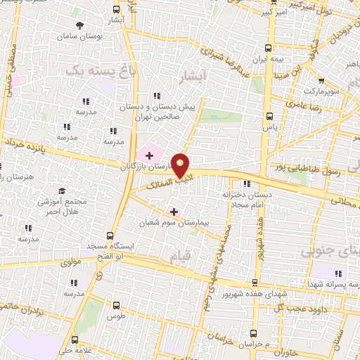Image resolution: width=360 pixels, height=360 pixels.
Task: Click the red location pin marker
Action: click(181, 165)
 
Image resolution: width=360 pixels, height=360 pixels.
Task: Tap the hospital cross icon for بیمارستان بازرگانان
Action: click(149, 155)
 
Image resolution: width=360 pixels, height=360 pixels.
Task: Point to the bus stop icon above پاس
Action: click(267, 117)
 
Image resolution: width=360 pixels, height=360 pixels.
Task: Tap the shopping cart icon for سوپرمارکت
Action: click(321, 81)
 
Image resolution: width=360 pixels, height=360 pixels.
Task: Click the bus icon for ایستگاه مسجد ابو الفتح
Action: click(110, 236)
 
